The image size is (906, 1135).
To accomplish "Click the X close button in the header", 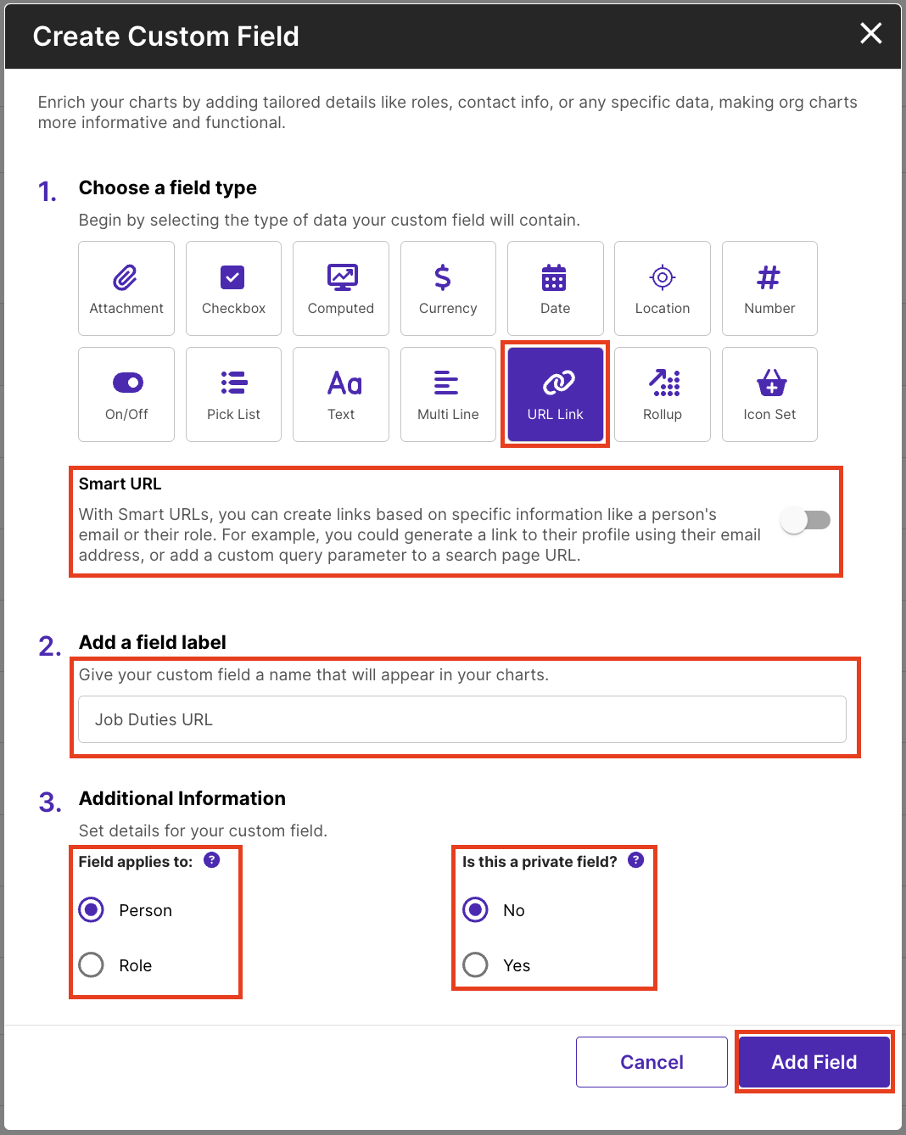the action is pos(870,33).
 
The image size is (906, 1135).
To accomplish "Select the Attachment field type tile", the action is pos(126,288).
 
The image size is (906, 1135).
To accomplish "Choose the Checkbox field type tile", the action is pos(233,288).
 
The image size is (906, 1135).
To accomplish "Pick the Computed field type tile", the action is pos(341,288).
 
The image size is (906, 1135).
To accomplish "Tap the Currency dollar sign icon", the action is pos(443,277).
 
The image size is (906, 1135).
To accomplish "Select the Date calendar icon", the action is pos(554,277).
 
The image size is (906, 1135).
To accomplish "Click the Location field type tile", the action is pos(663,288).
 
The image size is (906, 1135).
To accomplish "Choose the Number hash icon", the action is pos(769,277).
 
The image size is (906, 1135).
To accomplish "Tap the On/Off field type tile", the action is pos(126,394).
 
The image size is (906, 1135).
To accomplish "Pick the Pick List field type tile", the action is pos(233,394).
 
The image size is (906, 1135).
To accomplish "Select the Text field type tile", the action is pos(341,394).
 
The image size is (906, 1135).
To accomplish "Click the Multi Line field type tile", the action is pos(448,394).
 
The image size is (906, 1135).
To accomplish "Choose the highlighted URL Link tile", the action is pos(556,394).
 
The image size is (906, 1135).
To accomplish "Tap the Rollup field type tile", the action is pos(663,394).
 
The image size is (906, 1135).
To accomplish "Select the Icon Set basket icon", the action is pos(771,383).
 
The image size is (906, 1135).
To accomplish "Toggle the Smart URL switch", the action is pos(805,521).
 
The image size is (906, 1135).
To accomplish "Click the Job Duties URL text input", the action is pos(462,719).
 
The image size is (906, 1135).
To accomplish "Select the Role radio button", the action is pos(92,965).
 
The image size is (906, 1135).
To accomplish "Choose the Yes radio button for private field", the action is pos(475,965).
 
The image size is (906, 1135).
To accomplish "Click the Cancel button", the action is pos(652,1062).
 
